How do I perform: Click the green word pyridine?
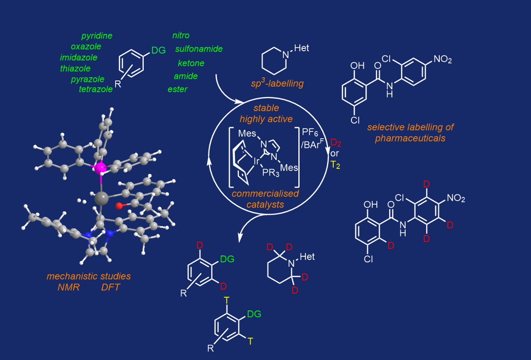97,36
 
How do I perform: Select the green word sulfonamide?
199,49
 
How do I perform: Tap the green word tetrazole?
96,89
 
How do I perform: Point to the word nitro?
181,35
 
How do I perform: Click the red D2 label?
336,142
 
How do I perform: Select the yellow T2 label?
335,164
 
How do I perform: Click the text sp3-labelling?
277,84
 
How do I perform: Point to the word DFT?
110,287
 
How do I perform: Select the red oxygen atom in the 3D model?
119,205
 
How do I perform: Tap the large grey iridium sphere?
100,199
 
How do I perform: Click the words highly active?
266,119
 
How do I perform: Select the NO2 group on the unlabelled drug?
442,59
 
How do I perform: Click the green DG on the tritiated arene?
254,314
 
